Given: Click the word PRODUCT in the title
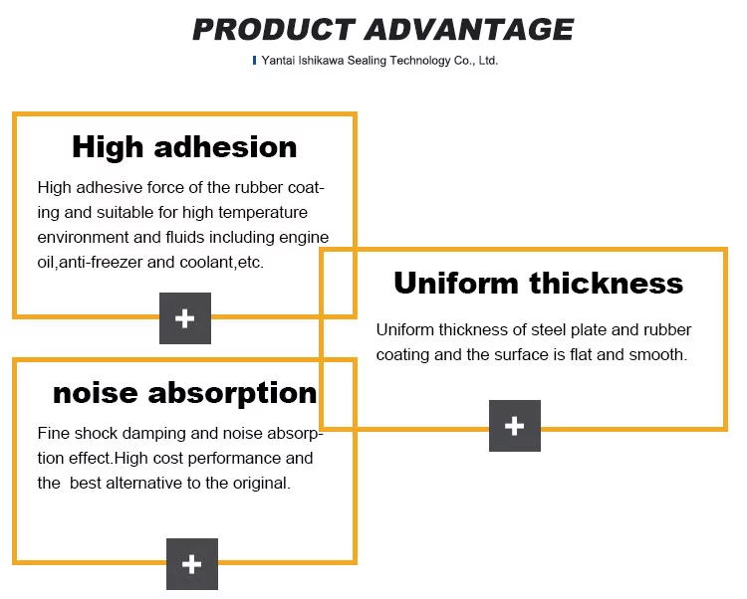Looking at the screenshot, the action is tap(274, 30).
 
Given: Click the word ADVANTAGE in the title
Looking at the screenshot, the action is tap(469, 30).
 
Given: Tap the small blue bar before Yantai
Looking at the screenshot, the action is tap(254, 61).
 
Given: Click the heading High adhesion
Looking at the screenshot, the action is tap(184, 147).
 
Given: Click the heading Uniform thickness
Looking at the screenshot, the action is tap(538, 283).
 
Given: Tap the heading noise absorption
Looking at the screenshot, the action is tap(185, 393).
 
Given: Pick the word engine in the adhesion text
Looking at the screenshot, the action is tap(304, 238).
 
